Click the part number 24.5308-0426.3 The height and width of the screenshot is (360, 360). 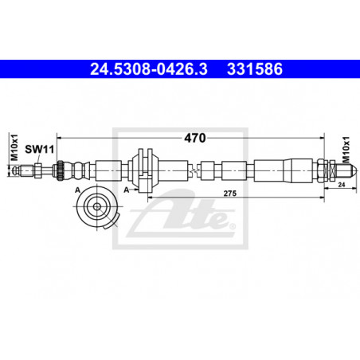(x=149, y=69)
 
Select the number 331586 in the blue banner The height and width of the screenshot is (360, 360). (x=255, y=69)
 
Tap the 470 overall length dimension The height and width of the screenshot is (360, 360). (x=195, y=138)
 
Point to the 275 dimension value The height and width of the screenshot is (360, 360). (x=229, y=194)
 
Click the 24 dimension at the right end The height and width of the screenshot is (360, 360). (x=342, y=185)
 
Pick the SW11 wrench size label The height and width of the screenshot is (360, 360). (x=39, y=149)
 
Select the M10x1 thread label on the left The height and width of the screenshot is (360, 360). (x=14, y=147)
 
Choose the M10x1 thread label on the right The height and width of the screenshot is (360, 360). (x=346, y=150)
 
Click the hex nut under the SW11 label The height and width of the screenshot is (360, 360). (x=37, y=170)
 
